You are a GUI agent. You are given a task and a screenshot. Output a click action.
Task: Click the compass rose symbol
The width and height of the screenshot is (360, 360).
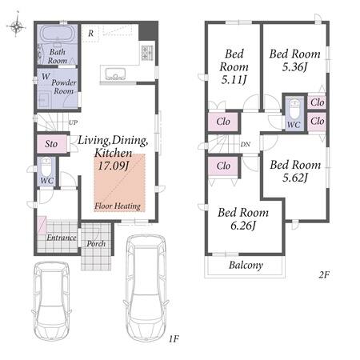coord(16,26)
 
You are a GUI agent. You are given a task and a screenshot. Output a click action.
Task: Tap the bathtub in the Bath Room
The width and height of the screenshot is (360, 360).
coord(57,34)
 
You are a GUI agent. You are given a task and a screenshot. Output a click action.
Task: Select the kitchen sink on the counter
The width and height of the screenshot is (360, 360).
coord(115,74)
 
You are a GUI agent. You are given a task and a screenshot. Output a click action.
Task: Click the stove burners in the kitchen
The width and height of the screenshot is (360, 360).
coord(147,53)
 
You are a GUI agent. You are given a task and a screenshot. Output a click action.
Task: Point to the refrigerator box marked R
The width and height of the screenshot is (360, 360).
coord(90,34)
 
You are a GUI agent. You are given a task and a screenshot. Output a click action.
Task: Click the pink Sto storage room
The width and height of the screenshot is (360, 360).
coord(51,144)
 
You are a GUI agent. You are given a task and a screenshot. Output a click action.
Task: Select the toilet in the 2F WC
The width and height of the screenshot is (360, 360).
coord(294,110)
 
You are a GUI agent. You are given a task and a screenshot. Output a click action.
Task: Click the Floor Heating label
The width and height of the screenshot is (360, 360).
coord(118,206)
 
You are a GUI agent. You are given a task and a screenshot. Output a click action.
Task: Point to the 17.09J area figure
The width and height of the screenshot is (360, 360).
coord(114,166)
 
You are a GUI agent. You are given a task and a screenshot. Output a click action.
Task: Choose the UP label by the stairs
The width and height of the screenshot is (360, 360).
coord(73,122)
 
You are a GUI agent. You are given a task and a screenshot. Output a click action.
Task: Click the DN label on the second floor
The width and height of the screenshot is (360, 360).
coord(246,144)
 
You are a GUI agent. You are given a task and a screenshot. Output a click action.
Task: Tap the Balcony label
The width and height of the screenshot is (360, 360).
coord(246,265)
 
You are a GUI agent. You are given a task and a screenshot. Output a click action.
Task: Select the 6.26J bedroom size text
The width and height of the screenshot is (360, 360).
coord(243,226)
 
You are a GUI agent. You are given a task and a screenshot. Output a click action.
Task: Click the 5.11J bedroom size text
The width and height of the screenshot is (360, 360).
coord(234,79)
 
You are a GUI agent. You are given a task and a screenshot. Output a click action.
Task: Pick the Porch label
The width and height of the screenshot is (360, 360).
coord(96,243)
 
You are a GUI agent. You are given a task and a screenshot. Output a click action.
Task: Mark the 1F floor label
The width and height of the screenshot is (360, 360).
coord(174,338)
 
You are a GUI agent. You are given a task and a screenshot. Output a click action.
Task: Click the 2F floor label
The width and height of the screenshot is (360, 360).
coord(324,274)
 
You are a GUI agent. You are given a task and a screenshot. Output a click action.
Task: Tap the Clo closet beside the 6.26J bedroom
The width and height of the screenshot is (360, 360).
coord(223,166)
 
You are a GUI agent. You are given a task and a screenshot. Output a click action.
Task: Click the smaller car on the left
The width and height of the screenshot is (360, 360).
coord(51,301)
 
